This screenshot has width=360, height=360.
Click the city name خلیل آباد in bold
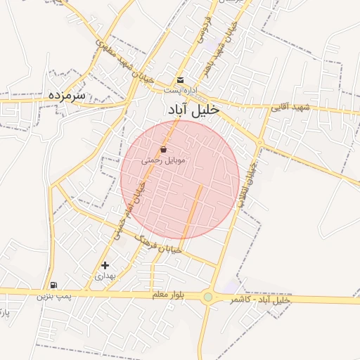[193, 110]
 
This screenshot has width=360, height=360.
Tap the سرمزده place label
[67, 94]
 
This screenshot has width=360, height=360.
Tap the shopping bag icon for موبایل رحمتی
[164, 149]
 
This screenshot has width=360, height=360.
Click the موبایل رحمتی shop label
[163, 160]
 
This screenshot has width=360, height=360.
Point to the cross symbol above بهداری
[105, 265]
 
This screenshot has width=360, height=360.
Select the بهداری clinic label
[104, 276]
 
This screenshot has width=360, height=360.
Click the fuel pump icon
[53, 285]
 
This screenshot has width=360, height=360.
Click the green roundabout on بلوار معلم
[208, 297]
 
